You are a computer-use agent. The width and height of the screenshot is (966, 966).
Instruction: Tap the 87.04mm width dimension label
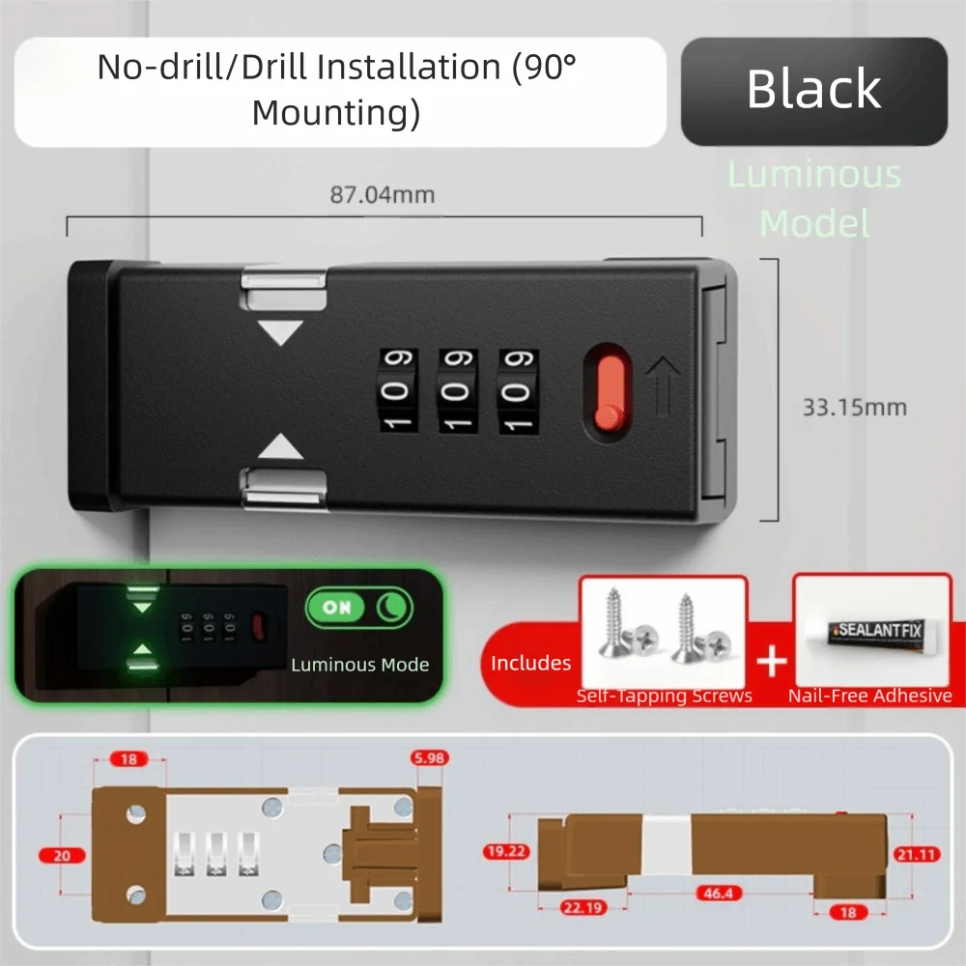pos(383,195)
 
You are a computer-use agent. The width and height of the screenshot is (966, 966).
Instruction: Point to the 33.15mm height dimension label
pos(854,407)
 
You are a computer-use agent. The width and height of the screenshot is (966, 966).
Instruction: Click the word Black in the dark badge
pos(813,90)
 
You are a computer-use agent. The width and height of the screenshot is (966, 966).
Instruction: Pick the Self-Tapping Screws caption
pos(665,696)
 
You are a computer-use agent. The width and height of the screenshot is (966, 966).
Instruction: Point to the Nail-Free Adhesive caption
pos(869,696)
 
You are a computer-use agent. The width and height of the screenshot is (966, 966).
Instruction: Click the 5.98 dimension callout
pos(429,758)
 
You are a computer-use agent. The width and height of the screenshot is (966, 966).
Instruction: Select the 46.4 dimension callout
pos(720,895)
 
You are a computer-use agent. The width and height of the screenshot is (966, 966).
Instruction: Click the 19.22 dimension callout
pos(505,851)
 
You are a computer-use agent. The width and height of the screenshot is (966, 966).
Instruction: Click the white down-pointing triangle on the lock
pos(282,333)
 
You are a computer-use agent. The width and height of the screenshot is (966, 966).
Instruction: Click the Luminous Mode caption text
pos(359,665)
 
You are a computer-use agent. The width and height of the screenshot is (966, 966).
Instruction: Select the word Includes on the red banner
pos(530,663)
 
